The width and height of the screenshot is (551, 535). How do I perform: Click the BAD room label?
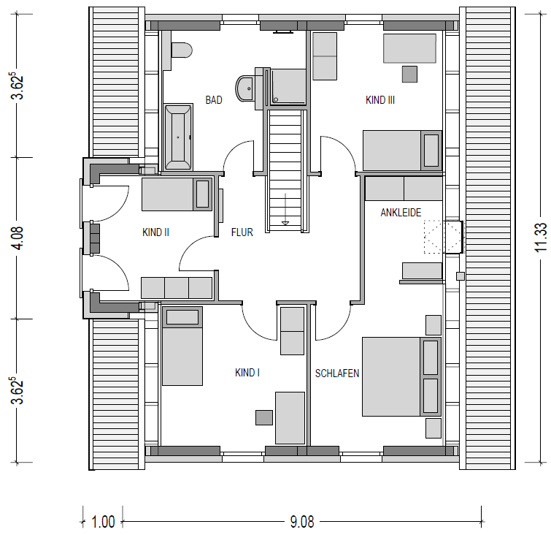pyautogui.click(x=214, y=100)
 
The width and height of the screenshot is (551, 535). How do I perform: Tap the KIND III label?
pyautogui.click(x=380, y=100)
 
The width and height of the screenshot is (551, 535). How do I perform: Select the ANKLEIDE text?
pyautogui.click(x=401, y=213)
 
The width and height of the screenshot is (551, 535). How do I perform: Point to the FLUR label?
pyautogui.click(x=242, y=232)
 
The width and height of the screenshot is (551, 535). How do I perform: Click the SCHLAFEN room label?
pyautogui.click(x=337, y=373)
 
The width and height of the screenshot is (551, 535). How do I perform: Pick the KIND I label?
pyautogui.click(x=247, y=373)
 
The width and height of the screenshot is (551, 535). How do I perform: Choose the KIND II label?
pyautogui.click(x=155, y=232)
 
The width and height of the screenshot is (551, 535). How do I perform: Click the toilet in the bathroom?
pyautogui.click(x=182, y=50)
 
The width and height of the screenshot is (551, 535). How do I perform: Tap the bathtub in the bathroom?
pyautogui.click(x=178, y=137)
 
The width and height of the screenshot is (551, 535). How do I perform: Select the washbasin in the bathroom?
pyautogui.click(x=245, y=88)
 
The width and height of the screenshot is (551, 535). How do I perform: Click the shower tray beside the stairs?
pyautogui.click(x=288, y=87)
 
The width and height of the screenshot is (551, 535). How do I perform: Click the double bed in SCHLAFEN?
pyautogui.click(x=401, y=376)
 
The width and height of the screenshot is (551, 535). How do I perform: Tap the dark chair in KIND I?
pyautogui.click(x=264, y=417)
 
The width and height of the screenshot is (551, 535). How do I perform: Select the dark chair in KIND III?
pyautogui.click(x=409, y=75)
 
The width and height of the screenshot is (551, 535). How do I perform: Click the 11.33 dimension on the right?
pyautogui.click(x=542, y=238)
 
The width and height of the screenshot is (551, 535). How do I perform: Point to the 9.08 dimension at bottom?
pyautogui.click(x=302, y=522)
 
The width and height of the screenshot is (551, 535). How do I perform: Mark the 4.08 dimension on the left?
pyautogui.click(x=17, y=238)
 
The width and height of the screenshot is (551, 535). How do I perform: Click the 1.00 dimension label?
pyautogui.click(x=103, y=522)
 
